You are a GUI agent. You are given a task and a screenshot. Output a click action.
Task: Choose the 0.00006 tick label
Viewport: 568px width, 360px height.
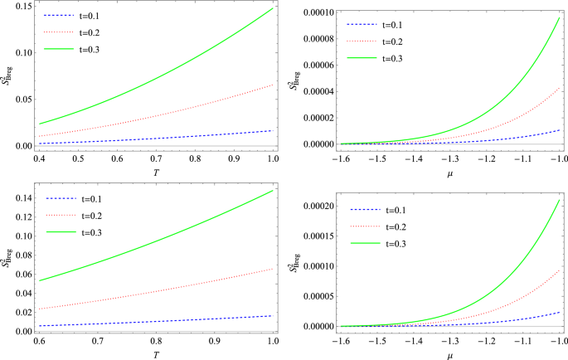point(307,65)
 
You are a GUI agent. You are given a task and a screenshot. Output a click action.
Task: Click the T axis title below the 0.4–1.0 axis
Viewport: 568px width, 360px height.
point(154,172)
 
